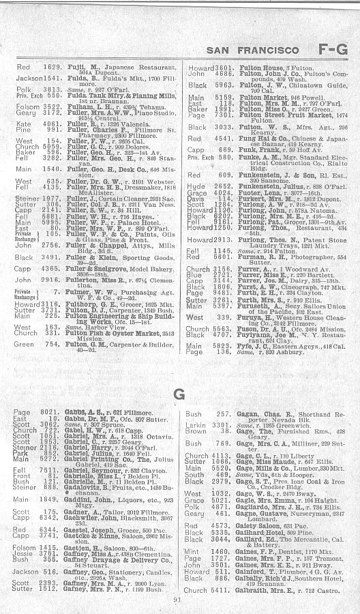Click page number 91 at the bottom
pos(177,600)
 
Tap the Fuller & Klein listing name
pos(90,257)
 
